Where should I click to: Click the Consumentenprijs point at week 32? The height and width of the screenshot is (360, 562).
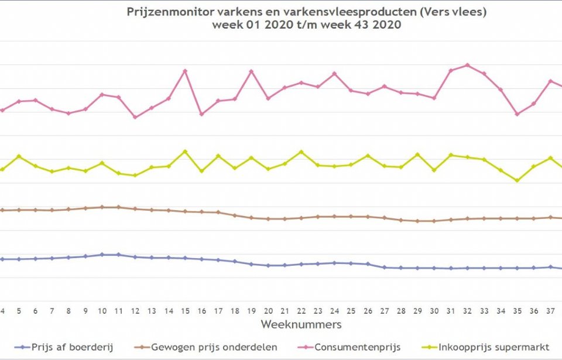tap(467, 65)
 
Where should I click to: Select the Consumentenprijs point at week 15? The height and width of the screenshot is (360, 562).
tap(185, 71)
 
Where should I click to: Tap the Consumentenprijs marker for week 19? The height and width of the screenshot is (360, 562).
tap(251, 71)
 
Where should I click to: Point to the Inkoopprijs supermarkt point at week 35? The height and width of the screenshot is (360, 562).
tap(517, 180)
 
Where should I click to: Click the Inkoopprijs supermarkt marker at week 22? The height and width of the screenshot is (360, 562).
tap(301, 152)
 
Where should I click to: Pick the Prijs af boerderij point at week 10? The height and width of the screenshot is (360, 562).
tap(102, 255)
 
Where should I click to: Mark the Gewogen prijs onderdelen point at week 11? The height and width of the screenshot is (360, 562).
tap(119, 207)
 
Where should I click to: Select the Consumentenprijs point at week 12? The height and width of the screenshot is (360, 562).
tap(135, 117)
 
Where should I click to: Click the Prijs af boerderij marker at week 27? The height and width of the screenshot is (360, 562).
tap(384, 268)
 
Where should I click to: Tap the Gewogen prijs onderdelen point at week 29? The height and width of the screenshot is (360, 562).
tap(417, 221)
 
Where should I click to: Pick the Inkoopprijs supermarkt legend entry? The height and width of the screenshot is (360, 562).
tap(483, 347)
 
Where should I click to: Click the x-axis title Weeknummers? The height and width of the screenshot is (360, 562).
tap(301, 324)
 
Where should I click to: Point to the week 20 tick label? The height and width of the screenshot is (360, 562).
tap(268, 310)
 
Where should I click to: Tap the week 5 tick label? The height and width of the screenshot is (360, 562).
tap(19, 310)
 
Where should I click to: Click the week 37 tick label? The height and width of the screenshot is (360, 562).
tap(550, 310)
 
